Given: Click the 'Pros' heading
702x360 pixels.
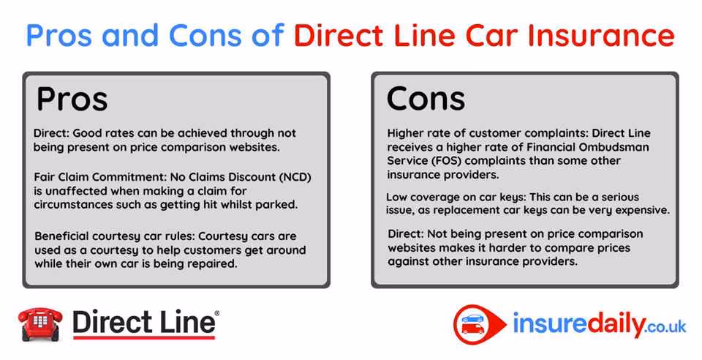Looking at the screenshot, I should (72, 99).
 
